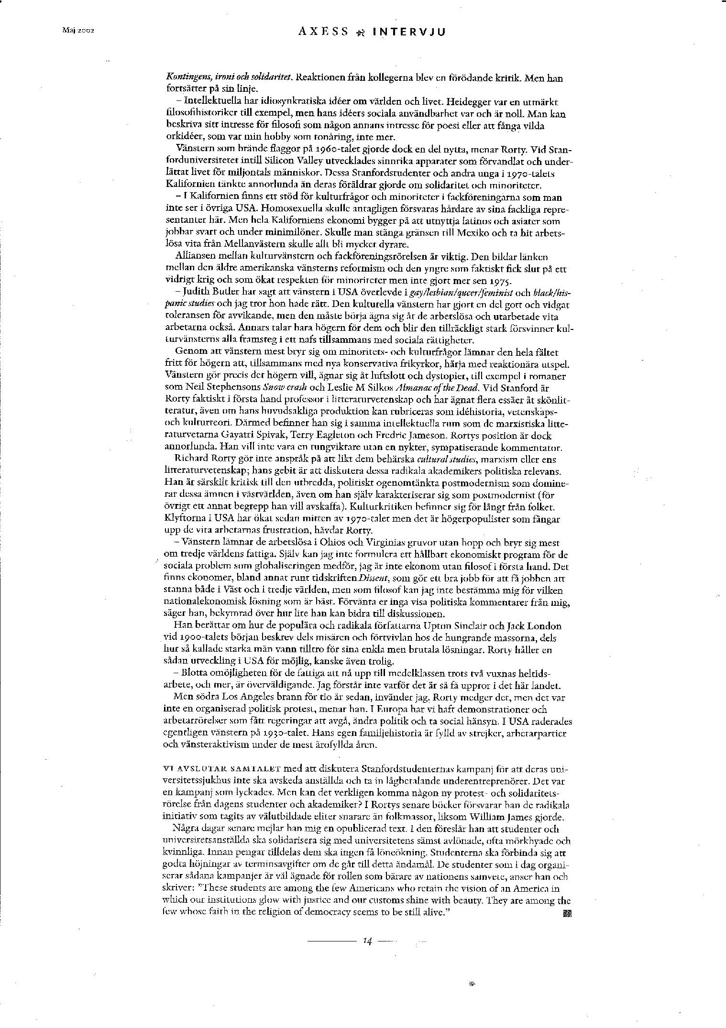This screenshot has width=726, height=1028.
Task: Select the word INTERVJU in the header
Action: tap(409, 32)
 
